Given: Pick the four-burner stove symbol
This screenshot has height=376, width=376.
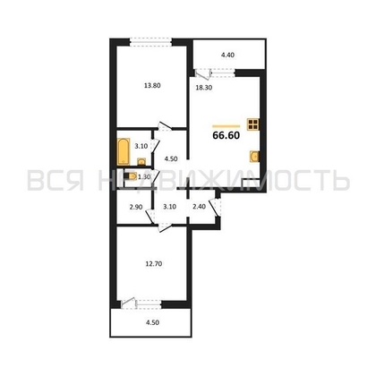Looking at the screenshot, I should pyautogui.click(x=254, y=124).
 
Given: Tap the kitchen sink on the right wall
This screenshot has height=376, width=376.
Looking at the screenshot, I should pyautogui.click(x=255, y=157).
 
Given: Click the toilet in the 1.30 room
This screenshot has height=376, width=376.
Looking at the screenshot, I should pyautogui.click(x=132, y=176).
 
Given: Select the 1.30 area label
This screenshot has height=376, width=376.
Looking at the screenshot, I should pyautogui.click(x=143, y=176).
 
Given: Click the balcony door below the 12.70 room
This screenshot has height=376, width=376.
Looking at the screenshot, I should pyautogui.click(x=133, y=302).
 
